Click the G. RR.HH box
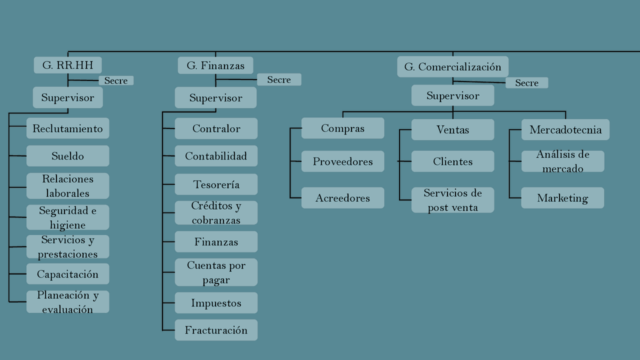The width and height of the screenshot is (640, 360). coord(67,65)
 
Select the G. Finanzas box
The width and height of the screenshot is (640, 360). coord(215,65)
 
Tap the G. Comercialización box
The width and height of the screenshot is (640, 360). coord(452,67)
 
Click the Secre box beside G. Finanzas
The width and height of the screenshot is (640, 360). coord(279,80)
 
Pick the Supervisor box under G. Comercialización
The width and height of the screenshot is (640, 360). coord(452,95)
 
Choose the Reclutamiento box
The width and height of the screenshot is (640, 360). coord(67,128)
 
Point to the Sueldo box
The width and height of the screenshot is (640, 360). coord(67,156)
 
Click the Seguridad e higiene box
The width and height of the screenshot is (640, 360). coord(67,217)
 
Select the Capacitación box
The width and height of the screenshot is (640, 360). coord(67,274)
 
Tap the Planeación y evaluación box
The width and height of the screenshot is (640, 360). coord(67,302)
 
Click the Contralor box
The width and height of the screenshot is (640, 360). coord(216,128)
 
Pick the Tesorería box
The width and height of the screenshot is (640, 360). coord(216,184)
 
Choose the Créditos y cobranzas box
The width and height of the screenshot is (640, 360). coord(216,213)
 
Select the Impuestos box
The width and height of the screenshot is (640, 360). coord(216,303)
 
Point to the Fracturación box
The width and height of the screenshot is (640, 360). coord(216,330)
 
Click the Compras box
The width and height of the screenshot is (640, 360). coord(342,128)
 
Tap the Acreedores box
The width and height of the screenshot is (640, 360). coord(342,198)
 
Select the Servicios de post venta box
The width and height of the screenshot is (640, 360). coord(452,200)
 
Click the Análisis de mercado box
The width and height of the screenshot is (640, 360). coord(562,161)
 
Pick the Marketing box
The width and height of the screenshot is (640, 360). coord(562,198)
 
